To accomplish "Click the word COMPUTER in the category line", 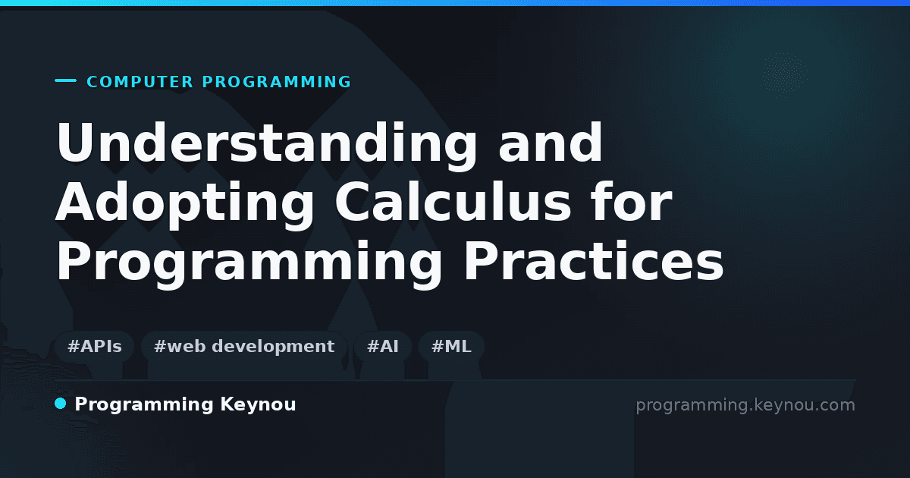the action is pos(140,82).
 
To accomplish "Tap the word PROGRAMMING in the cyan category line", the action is pos(276,82).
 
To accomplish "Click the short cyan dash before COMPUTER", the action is pos(65,80).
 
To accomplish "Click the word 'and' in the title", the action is pos(551,143).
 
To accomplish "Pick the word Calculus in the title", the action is pos(453,201).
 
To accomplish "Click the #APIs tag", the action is pos(94,347).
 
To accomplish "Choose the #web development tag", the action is pos(244,347).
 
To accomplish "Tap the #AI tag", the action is pos(383,347).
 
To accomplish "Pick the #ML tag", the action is pos(451,347).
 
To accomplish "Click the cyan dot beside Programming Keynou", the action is pos(61,404).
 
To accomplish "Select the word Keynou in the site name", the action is pos(258,404).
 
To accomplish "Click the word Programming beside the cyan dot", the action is pos(144,405).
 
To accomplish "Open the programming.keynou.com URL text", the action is pos(745,405).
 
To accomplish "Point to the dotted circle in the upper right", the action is pos(784,74).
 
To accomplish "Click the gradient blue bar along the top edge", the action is pos(455,3).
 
